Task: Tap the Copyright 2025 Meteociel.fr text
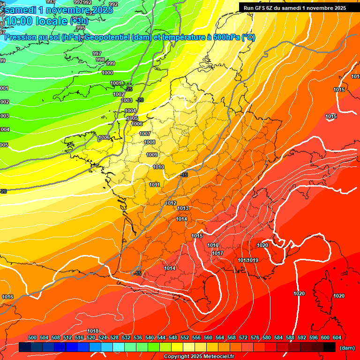199,356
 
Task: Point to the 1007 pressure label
145,134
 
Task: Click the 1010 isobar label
158,167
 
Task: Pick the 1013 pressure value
183,208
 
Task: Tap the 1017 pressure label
217,253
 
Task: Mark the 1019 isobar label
253,260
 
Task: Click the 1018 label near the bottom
93,331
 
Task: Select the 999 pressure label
111,63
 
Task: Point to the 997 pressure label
97,53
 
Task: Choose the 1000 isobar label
107,73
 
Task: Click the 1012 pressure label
171,203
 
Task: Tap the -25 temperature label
129,89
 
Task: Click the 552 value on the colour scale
184,337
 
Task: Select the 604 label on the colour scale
336,337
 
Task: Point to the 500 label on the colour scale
32,337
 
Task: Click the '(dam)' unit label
347,348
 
